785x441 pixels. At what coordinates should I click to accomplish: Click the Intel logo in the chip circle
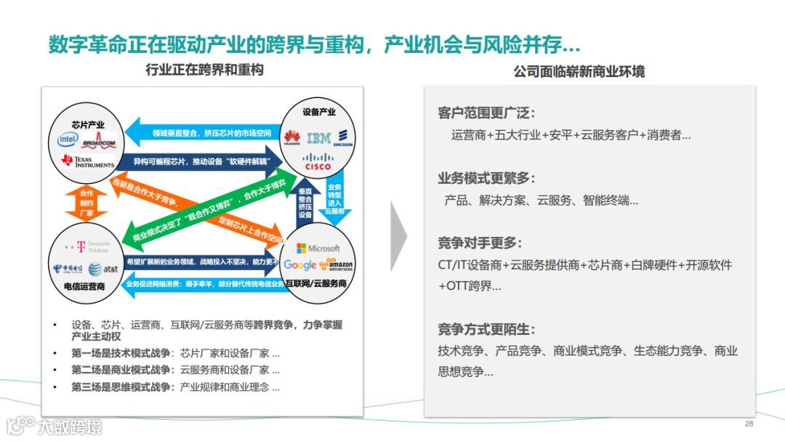point(68,138)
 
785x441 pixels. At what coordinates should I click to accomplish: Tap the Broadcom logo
point(99,142)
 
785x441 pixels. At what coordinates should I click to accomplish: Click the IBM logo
point(318,137)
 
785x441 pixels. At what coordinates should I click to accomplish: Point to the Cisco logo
point(318,162)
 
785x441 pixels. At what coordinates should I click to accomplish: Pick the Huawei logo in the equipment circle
point(291,137)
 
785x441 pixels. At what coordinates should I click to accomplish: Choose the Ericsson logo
point(342,137)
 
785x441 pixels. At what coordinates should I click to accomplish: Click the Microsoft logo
point(318,248)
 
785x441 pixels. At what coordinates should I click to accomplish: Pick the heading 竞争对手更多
point(480,243)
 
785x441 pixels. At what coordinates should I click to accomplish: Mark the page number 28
point(749,424)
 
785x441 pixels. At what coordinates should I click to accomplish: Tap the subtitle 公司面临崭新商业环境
point(579,72)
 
